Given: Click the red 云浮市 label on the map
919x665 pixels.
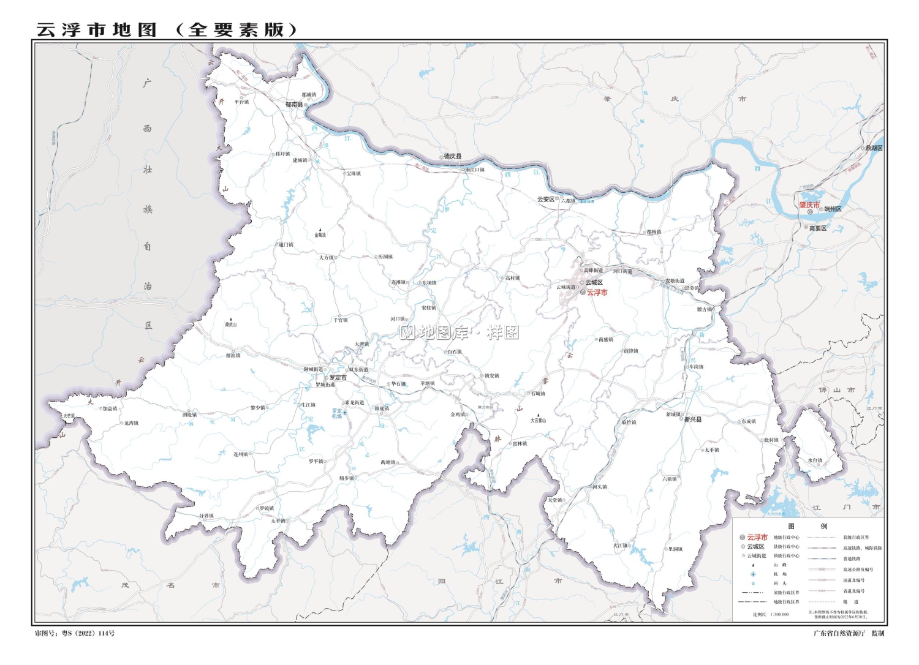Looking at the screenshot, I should [597, 293].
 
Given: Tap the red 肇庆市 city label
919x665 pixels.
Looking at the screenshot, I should [809, 205].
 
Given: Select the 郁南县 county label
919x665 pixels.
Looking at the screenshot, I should [293, 105].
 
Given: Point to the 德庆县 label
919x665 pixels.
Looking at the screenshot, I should [453, 157].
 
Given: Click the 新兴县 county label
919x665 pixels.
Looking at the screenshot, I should [693, 419].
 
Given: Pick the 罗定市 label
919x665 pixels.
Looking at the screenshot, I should [338, 378].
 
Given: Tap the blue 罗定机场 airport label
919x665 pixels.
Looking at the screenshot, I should [337, 414].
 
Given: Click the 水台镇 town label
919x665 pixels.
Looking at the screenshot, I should [815, 460].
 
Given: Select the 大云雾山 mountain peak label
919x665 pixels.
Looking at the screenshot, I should [538, 421].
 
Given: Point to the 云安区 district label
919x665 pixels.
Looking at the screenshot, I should [545, 199].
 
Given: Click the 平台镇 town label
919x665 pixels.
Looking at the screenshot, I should [241, 102].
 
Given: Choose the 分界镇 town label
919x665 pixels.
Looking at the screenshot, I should [206, 516].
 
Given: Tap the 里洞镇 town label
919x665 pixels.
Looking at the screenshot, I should [675, 549].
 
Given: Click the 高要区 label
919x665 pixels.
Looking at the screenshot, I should [817, 228].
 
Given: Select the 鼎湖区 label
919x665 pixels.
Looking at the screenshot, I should [874, 148].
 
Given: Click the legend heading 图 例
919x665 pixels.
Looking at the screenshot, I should [807, 526].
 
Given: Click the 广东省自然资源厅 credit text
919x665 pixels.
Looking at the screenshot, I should [839, 633].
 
